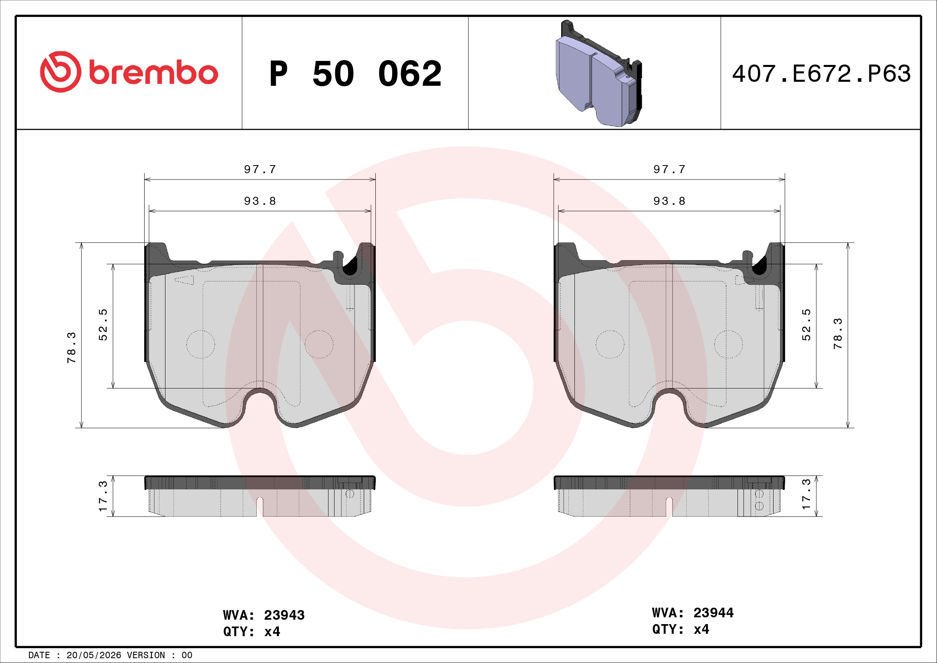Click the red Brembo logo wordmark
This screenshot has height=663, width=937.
pyautogui.click(x=153, y=73)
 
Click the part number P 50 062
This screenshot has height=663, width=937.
pyautogui.click(x=355, y=74)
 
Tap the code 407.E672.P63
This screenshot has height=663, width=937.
pyautogui.click(x=821, y=74)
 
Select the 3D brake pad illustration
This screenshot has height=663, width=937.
pyautogui.click(x=598, y=73)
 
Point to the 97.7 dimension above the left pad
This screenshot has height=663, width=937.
pyautogui.click(x=260, y=169)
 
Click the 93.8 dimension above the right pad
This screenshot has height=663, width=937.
pyautogui.click(x=669, y=201)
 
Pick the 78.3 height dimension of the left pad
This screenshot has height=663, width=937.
pyautogui.click(x=71, y=348)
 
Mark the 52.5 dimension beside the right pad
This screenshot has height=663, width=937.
pyautogui.click(x=806, y=325)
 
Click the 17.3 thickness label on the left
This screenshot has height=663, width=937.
pyautogui.click(x=103, y=495)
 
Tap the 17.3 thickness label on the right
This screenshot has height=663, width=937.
pyautogui.click(x=806, y=494)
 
